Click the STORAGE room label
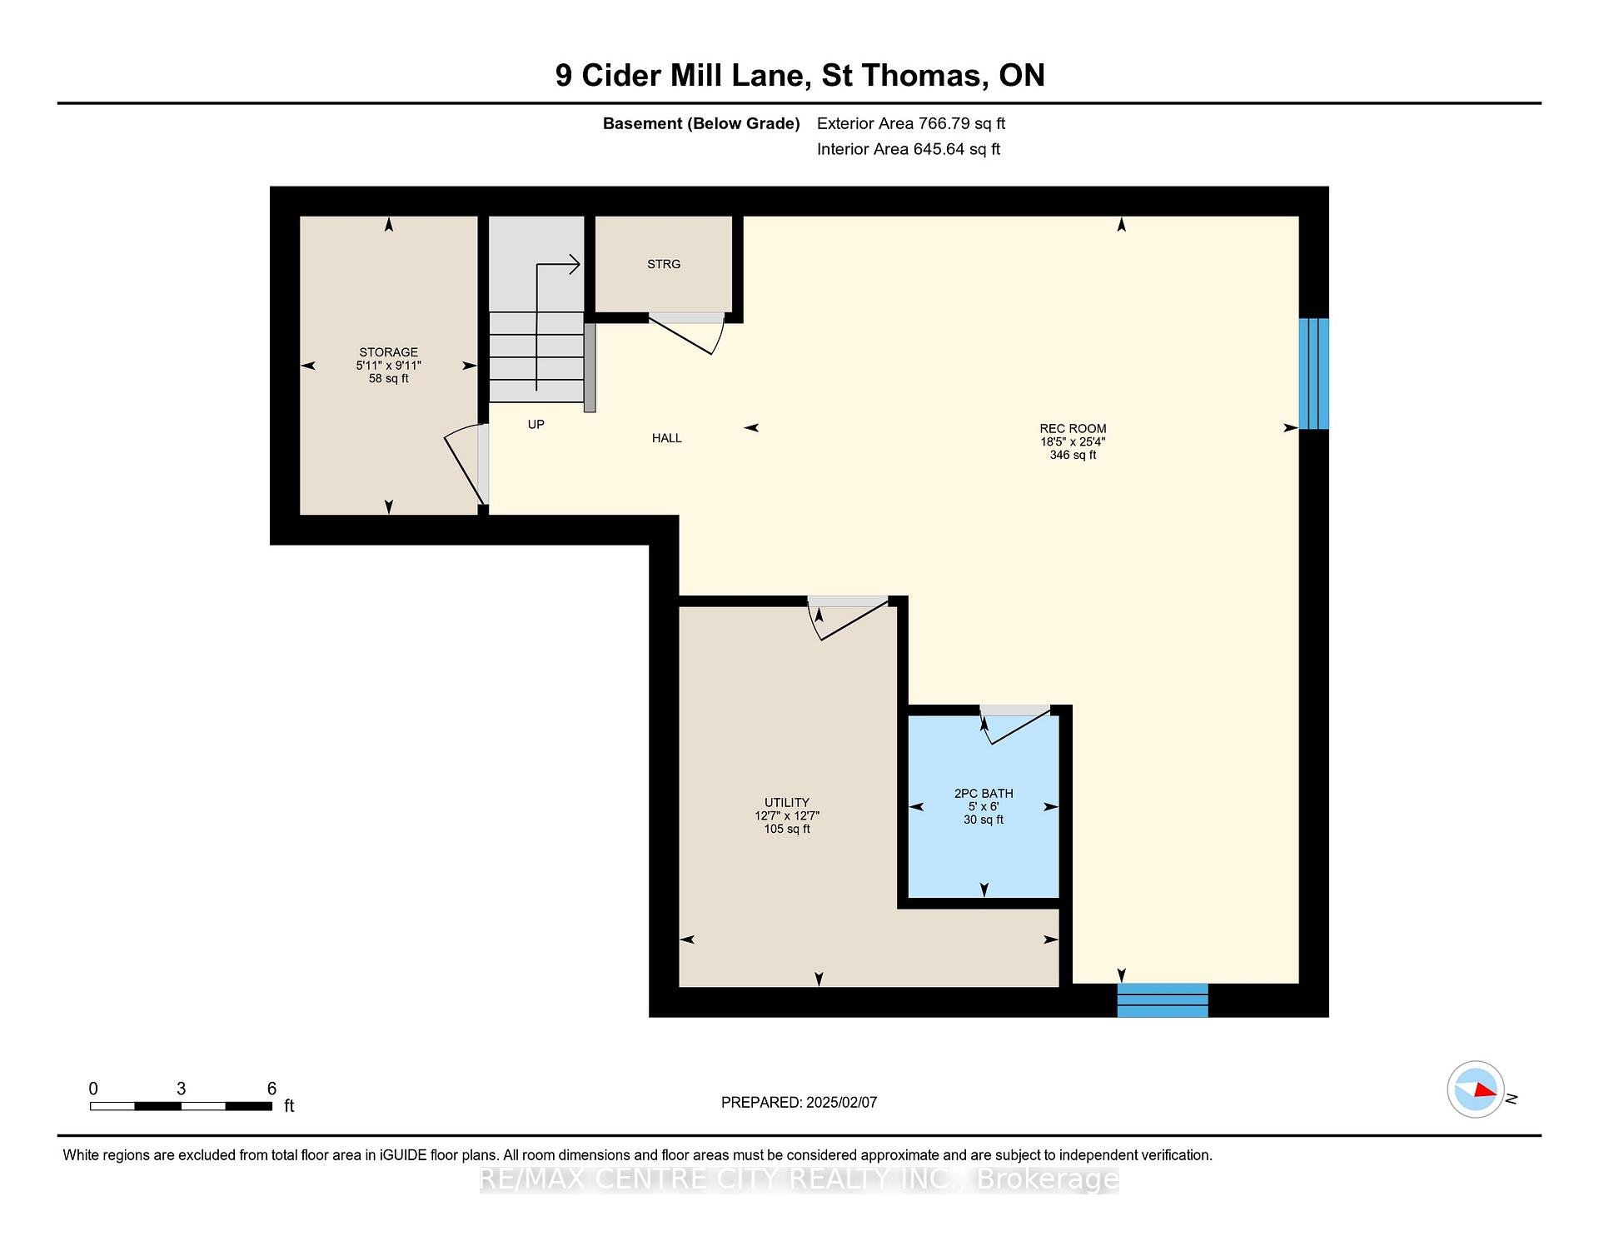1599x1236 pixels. tap(388, 352)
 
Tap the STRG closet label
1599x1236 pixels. tap(664, 264)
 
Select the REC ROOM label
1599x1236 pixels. tap(1073, 429)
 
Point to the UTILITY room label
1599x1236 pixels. tap(787, 803)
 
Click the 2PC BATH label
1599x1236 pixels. tap(984, 794)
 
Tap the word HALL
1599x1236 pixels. tap(667, 438)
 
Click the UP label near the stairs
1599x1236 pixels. tap(536, 425)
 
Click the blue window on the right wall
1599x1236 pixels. tap(1314, 373)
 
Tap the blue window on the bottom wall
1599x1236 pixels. tap(1163, 1000)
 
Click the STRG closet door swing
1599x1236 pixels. tap(686, 334)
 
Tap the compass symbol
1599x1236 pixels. tap(1476, 1089)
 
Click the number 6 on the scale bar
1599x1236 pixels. tap(271, 1089)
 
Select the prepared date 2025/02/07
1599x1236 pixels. tap(841, 1103)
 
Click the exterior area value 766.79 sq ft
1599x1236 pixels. tap(962, 124)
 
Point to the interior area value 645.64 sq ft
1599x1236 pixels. tap(958, 150)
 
